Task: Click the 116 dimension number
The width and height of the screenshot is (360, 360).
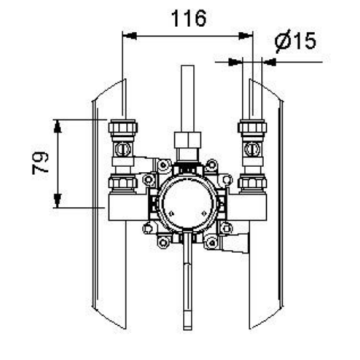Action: point(189,19)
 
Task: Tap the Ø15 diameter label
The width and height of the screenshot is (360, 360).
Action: point(295,42)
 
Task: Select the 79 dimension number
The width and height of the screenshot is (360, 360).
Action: point(41,163)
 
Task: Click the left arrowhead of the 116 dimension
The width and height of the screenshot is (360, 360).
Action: point(130,36)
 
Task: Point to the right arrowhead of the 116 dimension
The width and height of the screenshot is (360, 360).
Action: point(246,36)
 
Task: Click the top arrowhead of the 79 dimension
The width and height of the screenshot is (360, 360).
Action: point(58,126)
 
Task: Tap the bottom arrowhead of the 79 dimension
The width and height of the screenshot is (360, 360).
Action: point(58,200)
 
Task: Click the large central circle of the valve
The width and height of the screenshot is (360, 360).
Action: point(187,203)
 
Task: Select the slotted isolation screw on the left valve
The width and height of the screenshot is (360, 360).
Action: point(122,149)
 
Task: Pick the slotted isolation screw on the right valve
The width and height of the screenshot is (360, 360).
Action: point(252,149)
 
